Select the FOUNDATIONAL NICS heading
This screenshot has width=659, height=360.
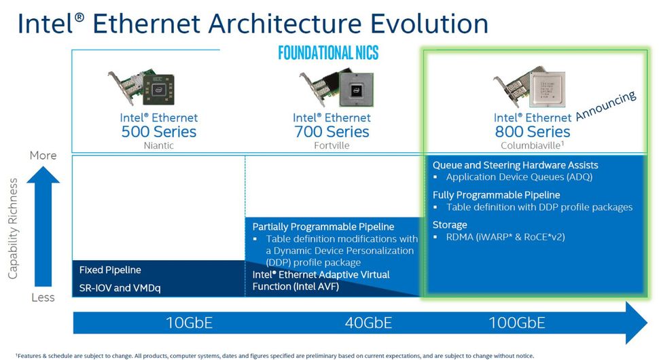(x=328, y=53)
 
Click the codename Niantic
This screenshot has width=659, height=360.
(x=159, y=145)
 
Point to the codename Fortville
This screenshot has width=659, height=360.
(x=332, y=145)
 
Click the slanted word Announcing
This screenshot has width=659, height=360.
(x=605, y=105)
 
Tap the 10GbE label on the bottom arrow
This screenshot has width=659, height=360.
(x=189, y=323)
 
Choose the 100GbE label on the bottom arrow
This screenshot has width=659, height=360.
(x=517, y=323)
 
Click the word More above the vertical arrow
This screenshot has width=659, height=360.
(x=43, y=156)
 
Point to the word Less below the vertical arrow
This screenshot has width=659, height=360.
(x=43, y=298)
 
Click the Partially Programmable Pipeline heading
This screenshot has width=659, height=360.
(x=323, y=226)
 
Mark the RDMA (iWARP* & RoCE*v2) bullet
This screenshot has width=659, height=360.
(x=505, y=237)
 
